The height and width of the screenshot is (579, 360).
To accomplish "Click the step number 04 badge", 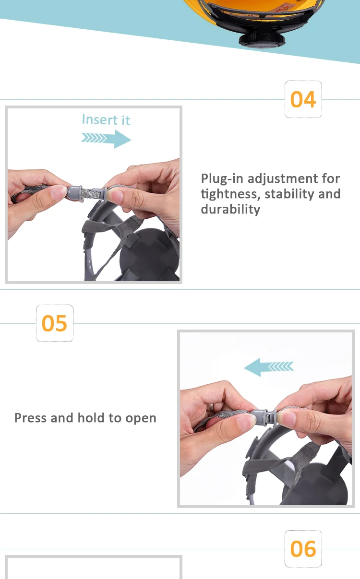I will coord(303,99).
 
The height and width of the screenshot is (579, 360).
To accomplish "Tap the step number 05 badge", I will coord(55,323).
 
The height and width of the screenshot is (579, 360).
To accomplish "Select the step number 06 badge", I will coord(303,549).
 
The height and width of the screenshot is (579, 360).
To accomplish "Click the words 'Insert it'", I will coord(106,119).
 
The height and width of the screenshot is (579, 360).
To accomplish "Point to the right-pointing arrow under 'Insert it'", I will coord(106,139).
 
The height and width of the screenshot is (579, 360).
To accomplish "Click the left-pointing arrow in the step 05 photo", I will coord(269,367).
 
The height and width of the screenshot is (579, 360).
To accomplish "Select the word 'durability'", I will coord(230,210).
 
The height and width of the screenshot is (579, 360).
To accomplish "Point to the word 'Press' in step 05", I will coord(31,418).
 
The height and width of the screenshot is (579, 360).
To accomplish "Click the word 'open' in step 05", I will coord(141,418).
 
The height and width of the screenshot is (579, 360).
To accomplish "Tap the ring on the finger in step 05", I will coord(209,407).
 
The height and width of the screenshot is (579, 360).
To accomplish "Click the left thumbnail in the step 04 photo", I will coord(59,193).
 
